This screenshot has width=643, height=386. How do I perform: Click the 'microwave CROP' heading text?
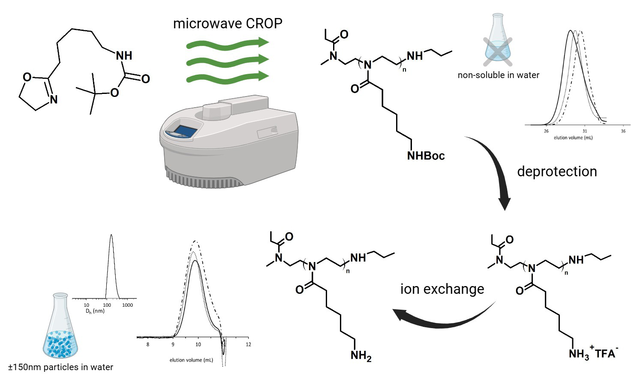click(228, 23)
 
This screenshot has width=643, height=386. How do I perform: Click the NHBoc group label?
click(426, 155)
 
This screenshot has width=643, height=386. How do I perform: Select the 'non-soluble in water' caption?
click(498, 75)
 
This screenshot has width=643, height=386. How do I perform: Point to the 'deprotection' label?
click(557, 171)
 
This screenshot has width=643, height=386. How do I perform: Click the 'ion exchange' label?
click(442, 289)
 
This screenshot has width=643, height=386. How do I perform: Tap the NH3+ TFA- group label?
click(593, 354)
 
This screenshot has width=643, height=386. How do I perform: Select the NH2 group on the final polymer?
click(361, 356)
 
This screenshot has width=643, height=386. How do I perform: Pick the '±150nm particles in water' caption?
click(61, 367)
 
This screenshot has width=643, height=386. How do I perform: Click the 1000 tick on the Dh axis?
click(127, 305)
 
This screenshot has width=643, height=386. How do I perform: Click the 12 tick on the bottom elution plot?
click(248, 344)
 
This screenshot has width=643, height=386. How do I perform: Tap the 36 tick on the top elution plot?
click(623, 131)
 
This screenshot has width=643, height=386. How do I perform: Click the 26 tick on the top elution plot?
click(546, 131)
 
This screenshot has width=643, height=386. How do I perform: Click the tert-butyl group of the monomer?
click(90, 93)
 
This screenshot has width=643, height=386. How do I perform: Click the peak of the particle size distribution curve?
click(111, 235)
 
